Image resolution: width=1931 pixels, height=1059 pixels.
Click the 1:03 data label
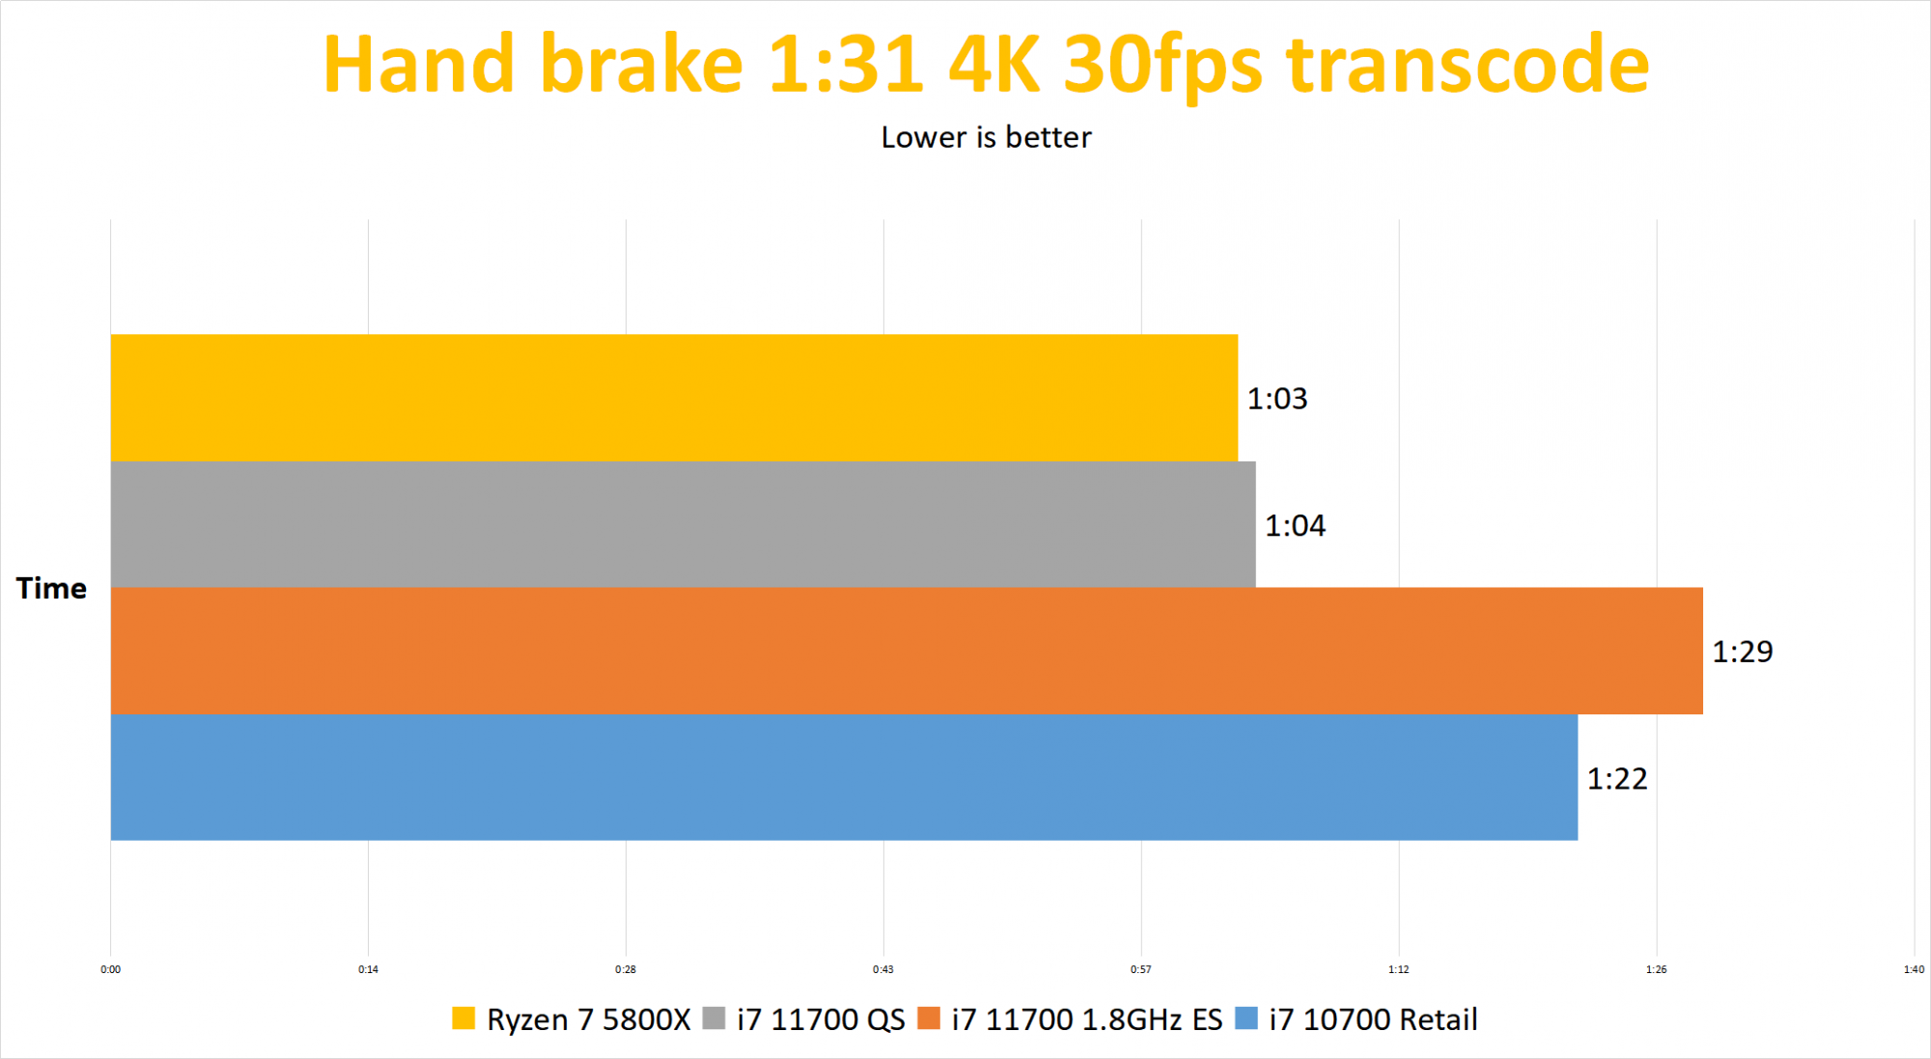tap(1276, 399)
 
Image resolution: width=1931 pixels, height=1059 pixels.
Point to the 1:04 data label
tap(1295, 526)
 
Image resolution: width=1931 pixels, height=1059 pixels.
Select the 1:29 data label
tap(1742, 652)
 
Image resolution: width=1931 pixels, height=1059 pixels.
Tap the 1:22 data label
tap(1617, 779)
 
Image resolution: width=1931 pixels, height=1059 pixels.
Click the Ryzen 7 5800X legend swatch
tap(463, 1018)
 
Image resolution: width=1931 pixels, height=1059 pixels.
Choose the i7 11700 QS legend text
tap(821, 1019)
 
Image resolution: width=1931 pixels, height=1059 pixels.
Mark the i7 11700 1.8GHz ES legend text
tap(1086, 1019)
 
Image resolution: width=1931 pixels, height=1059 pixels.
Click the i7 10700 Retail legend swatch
tap(1246, 1018)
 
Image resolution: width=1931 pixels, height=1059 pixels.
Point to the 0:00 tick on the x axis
tap(111, 969)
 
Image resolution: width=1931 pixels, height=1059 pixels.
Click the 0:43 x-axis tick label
tap(882, 969)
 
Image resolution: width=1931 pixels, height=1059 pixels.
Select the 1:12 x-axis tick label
tap(1398, 969)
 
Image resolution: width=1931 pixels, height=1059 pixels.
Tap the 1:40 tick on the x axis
tap(1914, 969)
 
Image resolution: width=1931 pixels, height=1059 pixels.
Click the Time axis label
tap(51, 588)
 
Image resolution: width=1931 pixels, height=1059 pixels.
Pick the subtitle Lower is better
tap(986, 137)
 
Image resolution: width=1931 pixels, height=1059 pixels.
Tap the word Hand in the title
tap(418, 65)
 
